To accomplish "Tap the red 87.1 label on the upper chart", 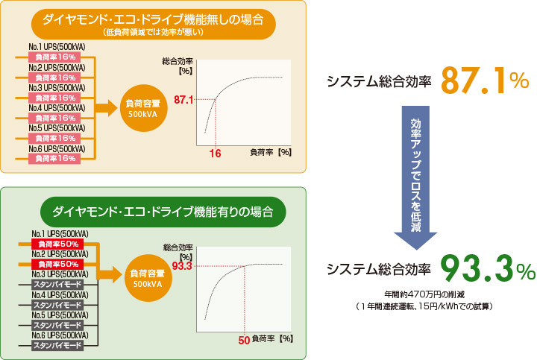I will (x=183, y=99).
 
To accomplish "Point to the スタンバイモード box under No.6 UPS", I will (x=57, y=346).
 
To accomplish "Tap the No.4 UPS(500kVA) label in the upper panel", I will (x=57, y=107).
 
